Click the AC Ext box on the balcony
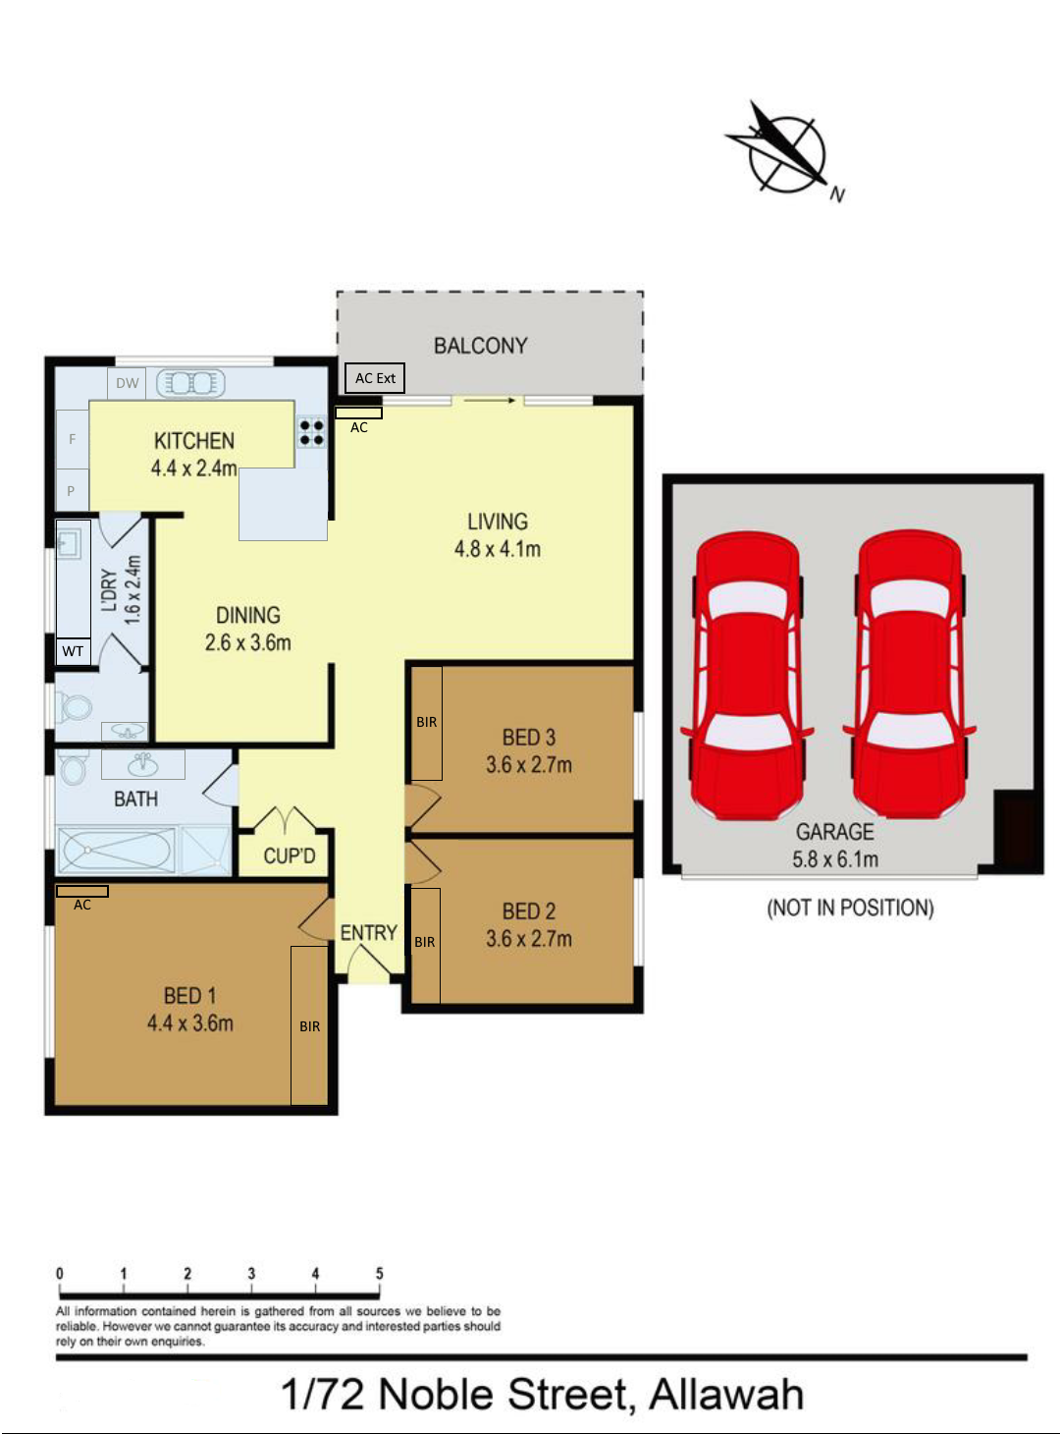click(375, 378)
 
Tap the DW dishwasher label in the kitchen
click(128, 383)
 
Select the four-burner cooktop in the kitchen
click(312, 432)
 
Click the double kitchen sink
click(191, 383)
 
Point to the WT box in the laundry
click(73, 651)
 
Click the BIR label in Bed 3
click(426, 722)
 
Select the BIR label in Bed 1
click(309, 1026)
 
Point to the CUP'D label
click(290, 856)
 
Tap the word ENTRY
click(368, 933)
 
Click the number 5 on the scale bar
click(379, 1274)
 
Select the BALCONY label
click(480, 346)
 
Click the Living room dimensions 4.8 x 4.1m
click(497, 549)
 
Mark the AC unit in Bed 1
click(82, 892)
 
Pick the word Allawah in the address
click(726, 1395)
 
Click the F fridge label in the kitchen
click(72, 439)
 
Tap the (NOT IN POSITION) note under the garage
click(850, 908)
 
